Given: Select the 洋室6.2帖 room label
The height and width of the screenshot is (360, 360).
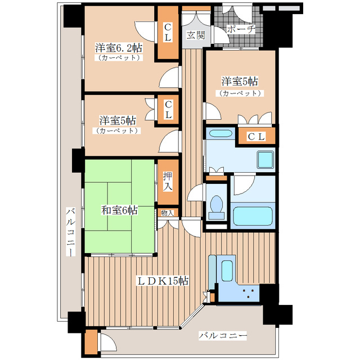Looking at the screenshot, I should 118,47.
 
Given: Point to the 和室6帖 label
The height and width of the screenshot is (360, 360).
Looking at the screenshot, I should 119,210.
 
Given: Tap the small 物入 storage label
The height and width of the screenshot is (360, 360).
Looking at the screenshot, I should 168,213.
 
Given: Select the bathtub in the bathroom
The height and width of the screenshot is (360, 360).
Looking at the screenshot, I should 252,214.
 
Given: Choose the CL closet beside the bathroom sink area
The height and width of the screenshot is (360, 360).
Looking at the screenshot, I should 256,136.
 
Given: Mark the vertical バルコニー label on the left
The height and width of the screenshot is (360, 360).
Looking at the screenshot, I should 70,231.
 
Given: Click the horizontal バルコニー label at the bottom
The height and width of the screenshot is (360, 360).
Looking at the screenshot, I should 223,335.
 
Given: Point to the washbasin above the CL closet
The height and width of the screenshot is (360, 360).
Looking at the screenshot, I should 219,135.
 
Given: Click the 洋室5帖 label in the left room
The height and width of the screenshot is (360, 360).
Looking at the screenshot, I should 117,120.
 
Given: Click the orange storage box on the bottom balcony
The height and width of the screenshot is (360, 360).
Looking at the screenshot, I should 90,342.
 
